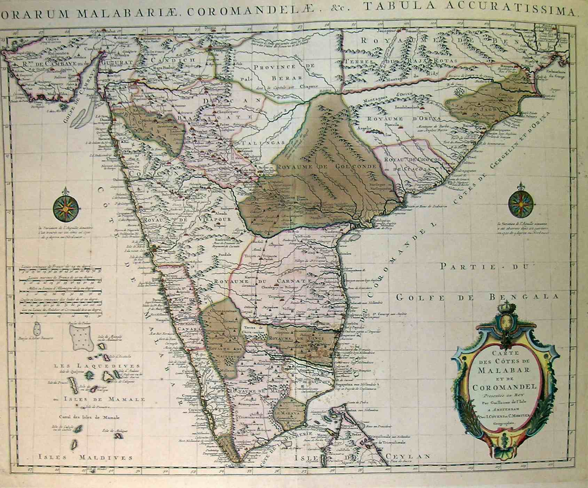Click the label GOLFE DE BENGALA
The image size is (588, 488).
(x=477, y=297)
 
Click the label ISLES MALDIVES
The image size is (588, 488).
(x=85, y=457)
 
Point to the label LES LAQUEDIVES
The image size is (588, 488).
(x=97, y=366)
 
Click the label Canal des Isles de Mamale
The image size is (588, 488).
(x=90, y=417)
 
